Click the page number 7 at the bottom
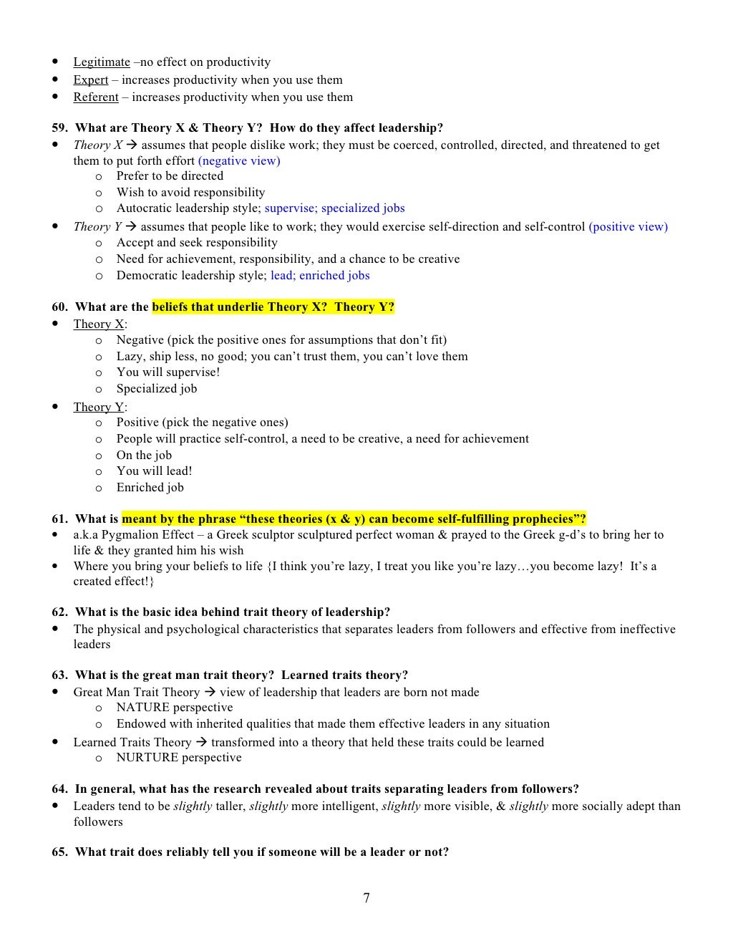(x=366, y=898)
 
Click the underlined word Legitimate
(x=102, y=62)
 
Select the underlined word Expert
(x=90, y=80)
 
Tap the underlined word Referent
(x=95, y=97)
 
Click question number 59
(x=59, y=128)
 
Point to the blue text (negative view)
(x=239, y=161)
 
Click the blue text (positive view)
(x=628, y=227)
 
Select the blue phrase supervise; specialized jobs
(x=334, y=208)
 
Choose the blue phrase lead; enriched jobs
(x=320, y=276)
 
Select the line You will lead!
(x=154, y=471)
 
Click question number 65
(x=59, y=852)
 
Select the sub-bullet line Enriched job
(x=150, y=488)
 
